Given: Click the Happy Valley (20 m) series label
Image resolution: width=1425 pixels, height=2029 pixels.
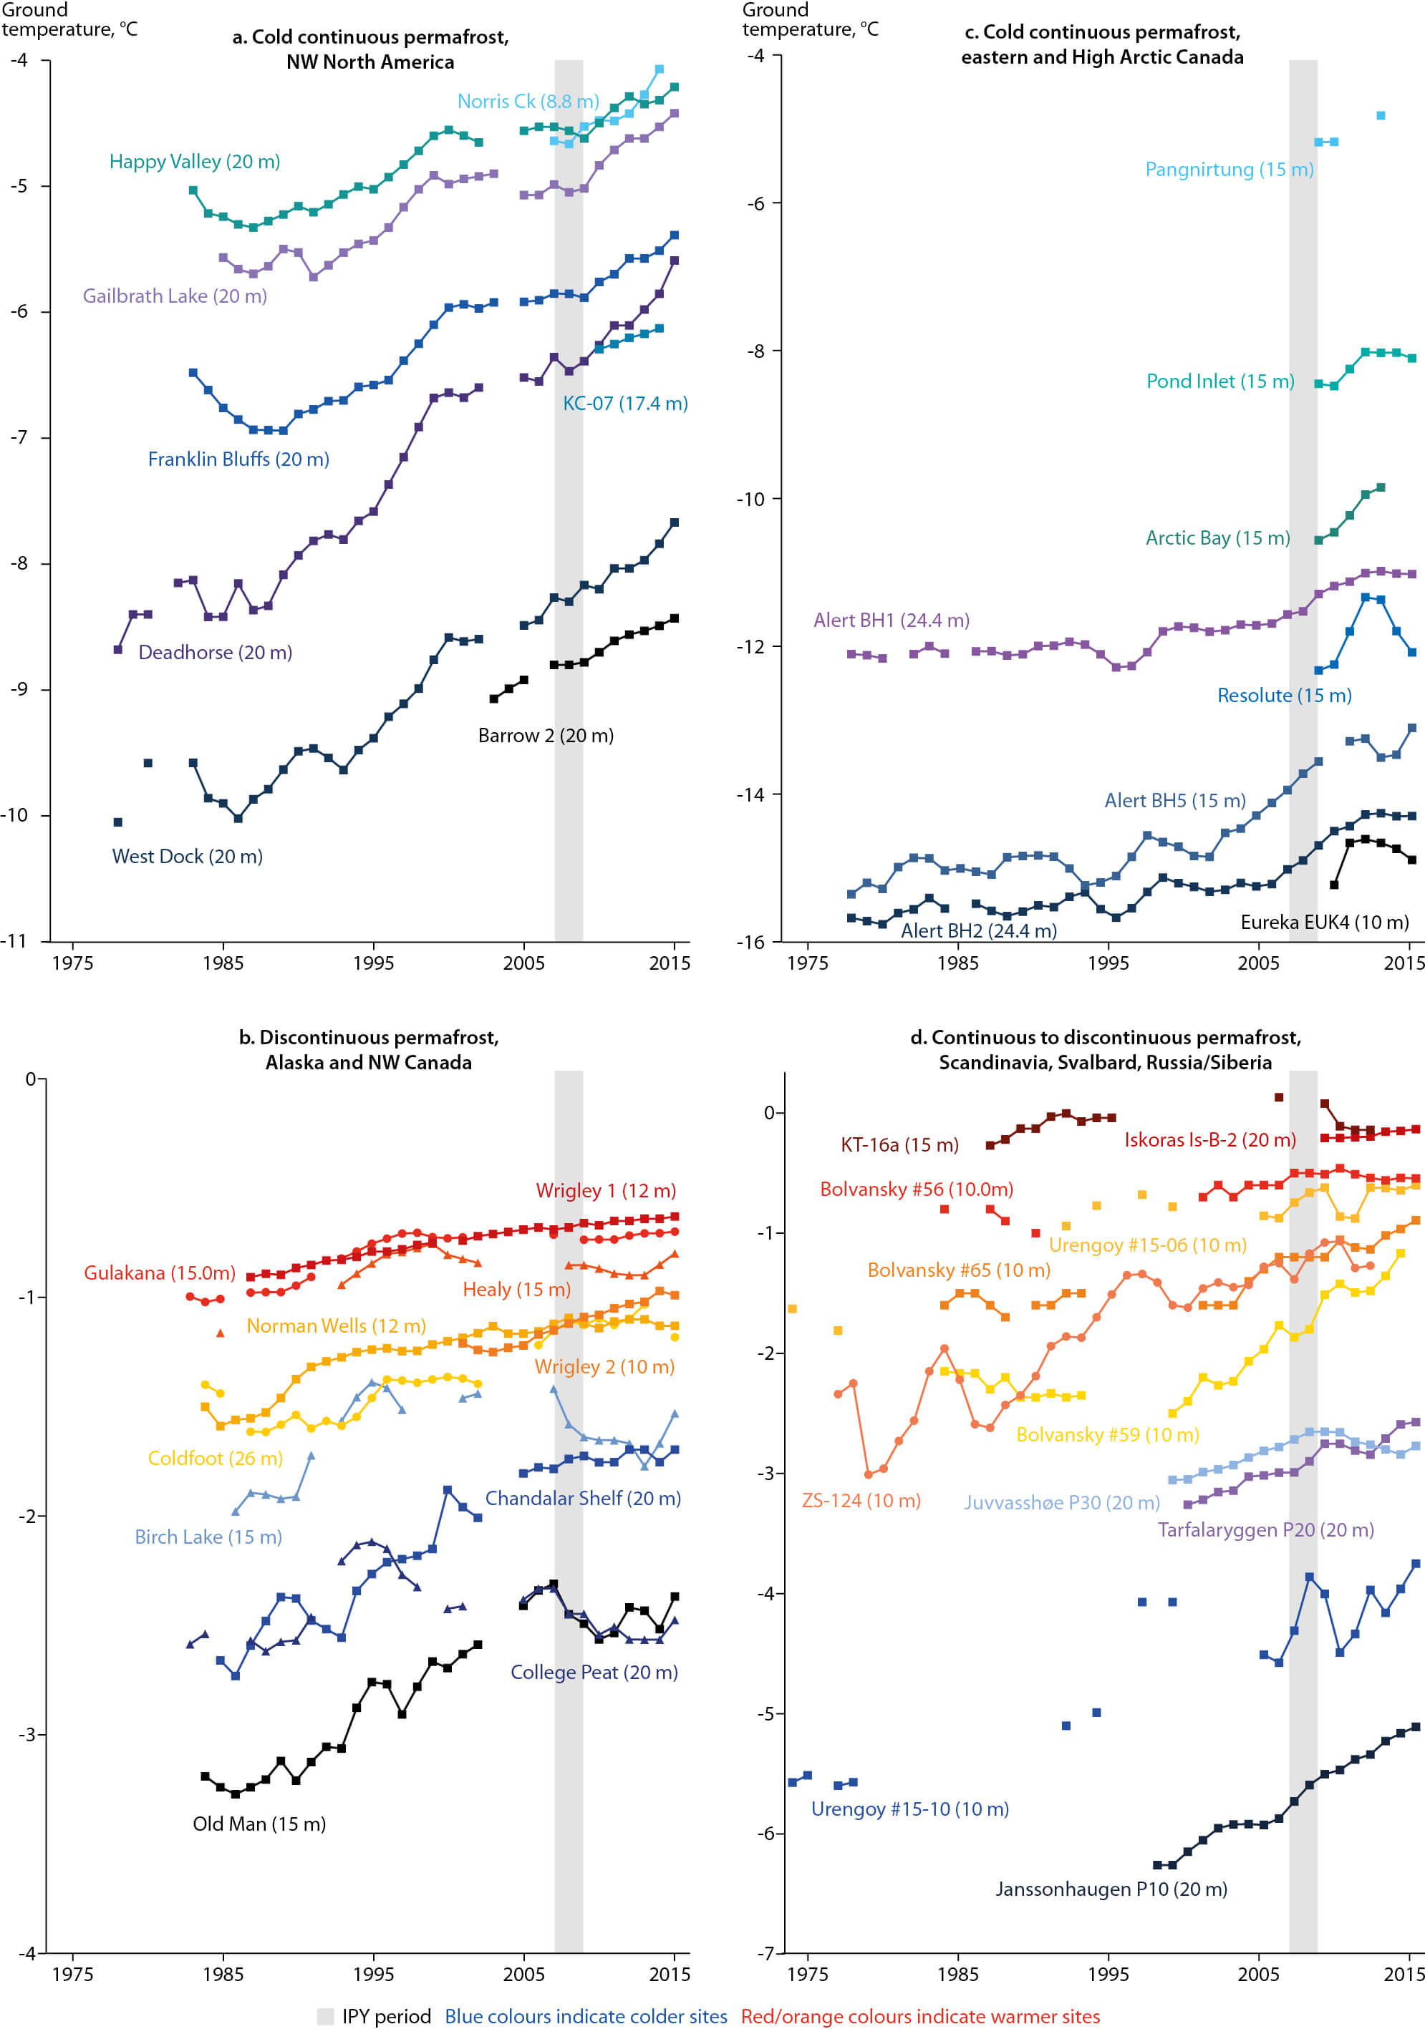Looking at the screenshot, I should coord(195,162).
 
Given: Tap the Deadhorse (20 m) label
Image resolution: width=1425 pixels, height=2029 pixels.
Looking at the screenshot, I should coord(215,652).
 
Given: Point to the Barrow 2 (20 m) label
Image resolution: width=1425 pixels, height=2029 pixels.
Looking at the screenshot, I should coord(546,735).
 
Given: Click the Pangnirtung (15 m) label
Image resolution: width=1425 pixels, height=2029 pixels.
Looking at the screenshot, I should coord(1229,170).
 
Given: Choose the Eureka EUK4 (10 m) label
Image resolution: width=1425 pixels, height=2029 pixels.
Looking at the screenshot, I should coord(1324,923).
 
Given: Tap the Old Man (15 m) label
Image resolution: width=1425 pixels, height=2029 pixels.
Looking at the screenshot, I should coord(259,1824).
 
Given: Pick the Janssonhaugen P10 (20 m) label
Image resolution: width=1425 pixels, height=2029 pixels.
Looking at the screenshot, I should coord(1111,1889).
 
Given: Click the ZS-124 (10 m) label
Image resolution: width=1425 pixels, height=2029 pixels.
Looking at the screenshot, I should coord(861,1501).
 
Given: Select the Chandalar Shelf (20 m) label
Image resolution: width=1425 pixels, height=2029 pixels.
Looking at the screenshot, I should coord(583,1498).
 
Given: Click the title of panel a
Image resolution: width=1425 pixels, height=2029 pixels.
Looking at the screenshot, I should coord(370,49).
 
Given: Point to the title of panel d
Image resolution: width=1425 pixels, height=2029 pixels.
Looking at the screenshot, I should coord(1105,1050).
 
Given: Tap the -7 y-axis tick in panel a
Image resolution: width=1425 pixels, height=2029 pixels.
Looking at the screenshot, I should coord(19,437).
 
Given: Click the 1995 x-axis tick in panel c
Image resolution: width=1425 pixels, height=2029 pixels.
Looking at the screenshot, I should coord(1108,963).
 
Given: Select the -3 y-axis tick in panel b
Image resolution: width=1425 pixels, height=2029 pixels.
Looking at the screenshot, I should coord(27,1734).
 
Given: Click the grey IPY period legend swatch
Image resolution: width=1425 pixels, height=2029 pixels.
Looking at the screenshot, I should coord(325,2017).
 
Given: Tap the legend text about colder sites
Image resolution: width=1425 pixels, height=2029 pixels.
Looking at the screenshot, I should coord(585,2017).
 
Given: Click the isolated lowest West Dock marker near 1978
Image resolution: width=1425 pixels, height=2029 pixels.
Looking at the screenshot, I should coord(117,822).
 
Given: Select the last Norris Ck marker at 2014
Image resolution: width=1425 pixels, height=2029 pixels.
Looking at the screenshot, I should coord(660,69).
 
